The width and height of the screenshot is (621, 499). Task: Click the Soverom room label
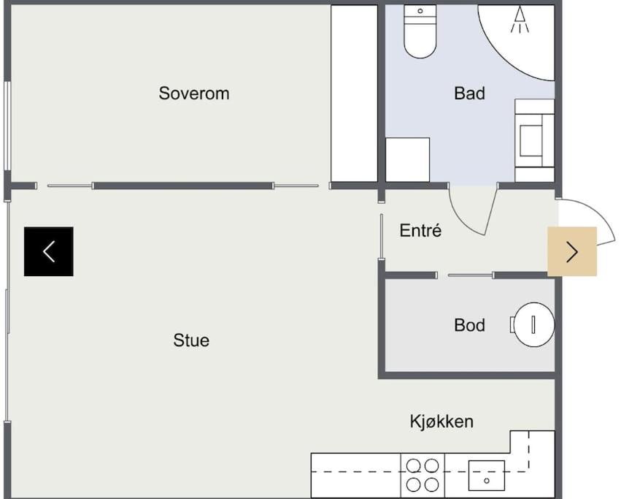coord(194,94)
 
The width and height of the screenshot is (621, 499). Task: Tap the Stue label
coord(191,340)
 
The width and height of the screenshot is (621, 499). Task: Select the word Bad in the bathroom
coord(469,94)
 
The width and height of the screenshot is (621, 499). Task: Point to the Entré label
coord(420,230)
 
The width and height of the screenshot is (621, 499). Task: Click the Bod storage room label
coord(469,325)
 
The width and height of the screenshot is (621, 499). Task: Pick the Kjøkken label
coord(441,422)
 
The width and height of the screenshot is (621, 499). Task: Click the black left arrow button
coord(49,251)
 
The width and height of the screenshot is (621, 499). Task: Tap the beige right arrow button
coord(572,251)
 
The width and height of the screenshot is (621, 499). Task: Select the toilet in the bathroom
coord(420,31)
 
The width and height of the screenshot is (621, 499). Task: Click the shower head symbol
coord(520,20)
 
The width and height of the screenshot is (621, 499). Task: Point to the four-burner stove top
coord(423,475)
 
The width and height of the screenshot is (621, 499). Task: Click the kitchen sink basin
coord(486,475)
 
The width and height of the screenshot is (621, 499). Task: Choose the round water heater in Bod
coord(533,325)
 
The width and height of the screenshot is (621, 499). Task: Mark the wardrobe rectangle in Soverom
coord(354,94)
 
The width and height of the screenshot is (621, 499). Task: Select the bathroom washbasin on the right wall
coord(534,140)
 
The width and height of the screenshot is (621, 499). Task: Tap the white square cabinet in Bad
coord(407,160)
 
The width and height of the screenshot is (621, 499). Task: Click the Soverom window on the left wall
coord(7,126)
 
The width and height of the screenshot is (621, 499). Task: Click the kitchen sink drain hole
coord(486,481)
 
